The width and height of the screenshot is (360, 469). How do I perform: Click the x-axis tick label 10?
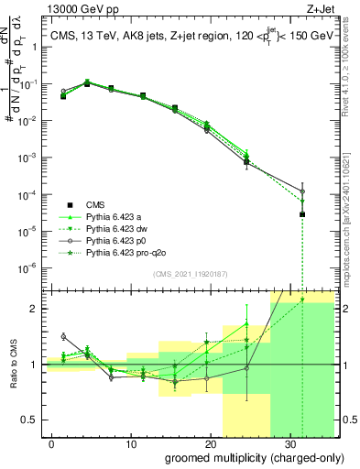point(132,442)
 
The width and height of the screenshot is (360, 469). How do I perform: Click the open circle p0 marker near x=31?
point(302,191)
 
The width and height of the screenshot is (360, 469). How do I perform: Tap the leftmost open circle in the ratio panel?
point(63,336)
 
